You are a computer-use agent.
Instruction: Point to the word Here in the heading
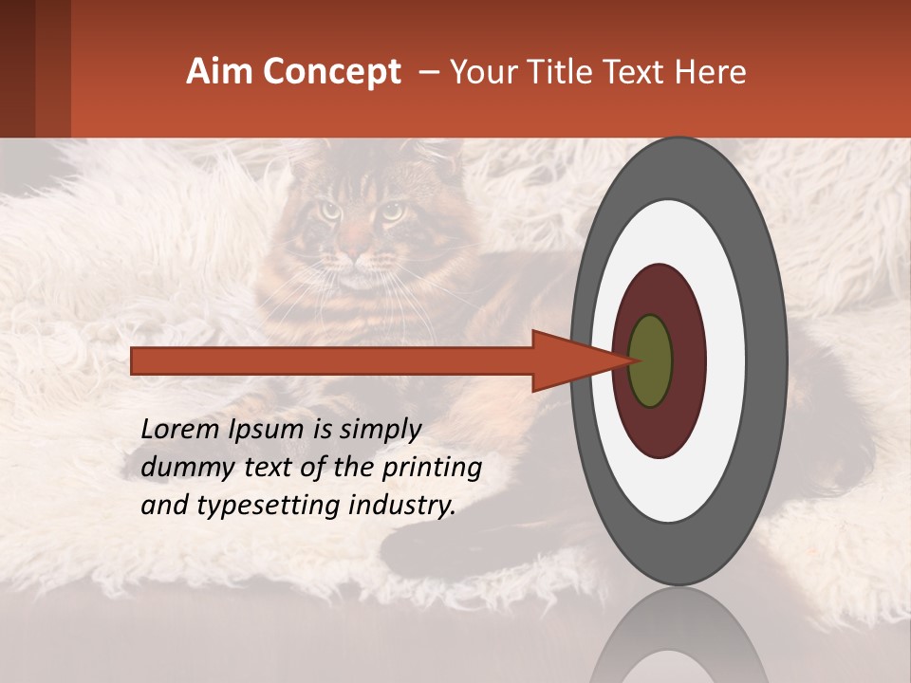click(x=710, y=72)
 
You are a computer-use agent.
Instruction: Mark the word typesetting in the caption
click(x=250, y=507)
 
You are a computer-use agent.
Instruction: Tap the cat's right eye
click(x=390, y=212)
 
